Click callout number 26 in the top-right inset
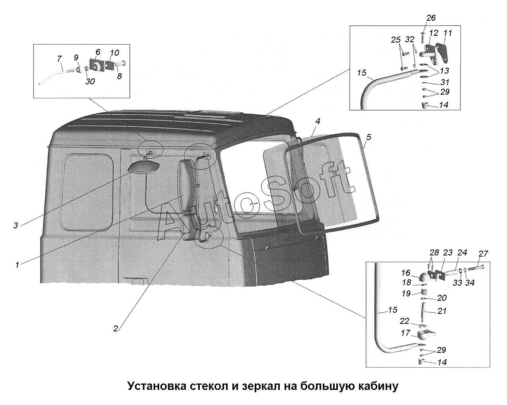(431, 18)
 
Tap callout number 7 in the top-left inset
(59, 59)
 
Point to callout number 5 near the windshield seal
(369, 137)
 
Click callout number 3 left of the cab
(16, 226)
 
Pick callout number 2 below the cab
(115, 329)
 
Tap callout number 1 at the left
(17, 264)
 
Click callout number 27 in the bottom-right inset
(483, 254)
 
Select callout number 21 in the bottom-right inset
(442, 311)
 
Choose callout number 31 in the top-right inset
(445, 82)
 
